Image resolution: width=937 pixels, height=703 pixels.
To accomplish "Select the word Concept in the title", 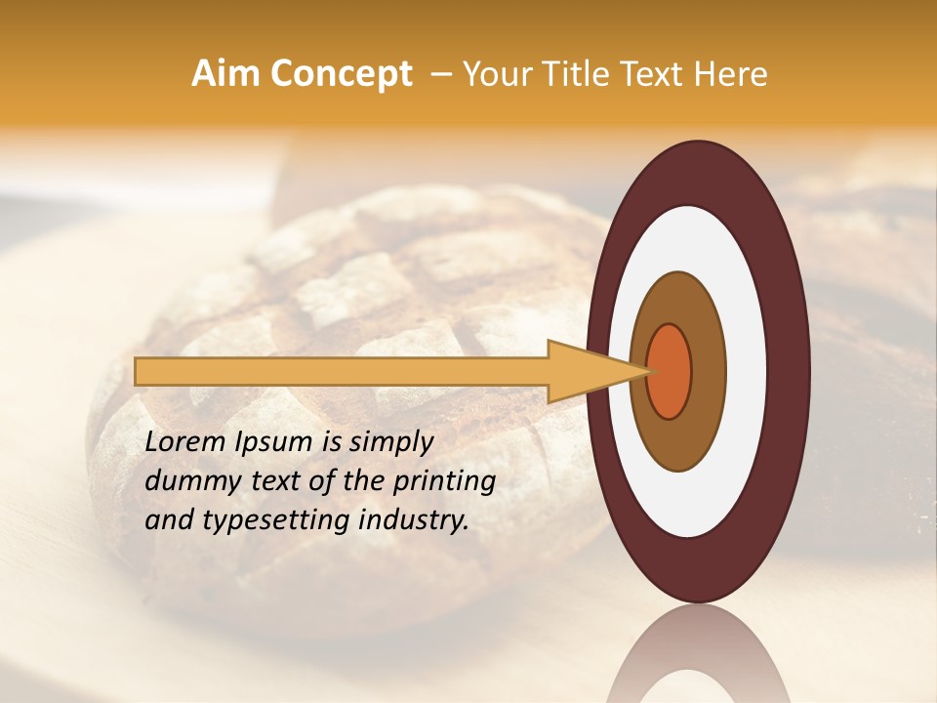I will point(340,74).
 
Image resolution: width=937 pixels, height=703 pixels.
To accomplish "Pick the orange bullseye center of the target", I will point(669,371).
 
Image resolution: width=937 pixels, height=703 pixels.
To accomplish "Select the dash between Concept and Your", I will point(440,75).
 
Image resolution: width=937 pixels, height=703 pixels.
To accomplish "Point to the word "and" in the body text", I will point(166,520).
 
